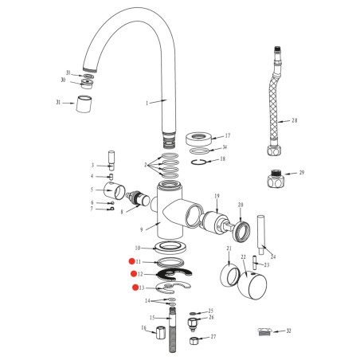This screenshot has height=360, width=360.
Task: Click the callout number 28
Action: pyautogui.click(x=294, y=120)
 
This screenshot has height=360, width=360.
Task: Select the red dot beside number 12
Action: pyautogui.click(x=135, y=274)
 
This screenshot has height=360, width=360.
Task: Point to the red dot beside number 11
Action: pyautogui.click(x=135, y=261)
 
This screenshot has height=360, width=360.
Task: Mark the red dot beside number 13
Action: pyautogui.click(x=135, y=287)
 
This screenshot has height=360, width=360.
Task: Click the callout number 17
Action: pyautogui.click(x=227, y=135)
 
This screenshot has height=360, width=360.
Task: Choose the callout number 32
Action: pyautogui.click(x=288, y=330)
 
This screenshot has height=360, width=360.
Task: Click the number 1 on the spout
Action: pyautogui.click(x=147, y=103)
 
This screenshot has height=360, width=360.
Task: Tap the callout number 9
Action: pyautogui.click(x=142, y=229)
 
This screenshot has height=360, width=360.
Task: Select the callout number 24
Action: pyautogui.click(x=273, y=256)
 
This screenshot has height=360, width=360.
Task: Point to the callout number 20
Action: pyautogui.click(x=240, y=205)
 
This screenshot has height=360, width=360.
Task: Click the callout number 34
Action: pyautogui.click(x=225, y=147)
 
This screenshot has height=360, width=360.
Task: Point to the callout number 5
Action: pyautogui.click(x=92, y=190)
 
